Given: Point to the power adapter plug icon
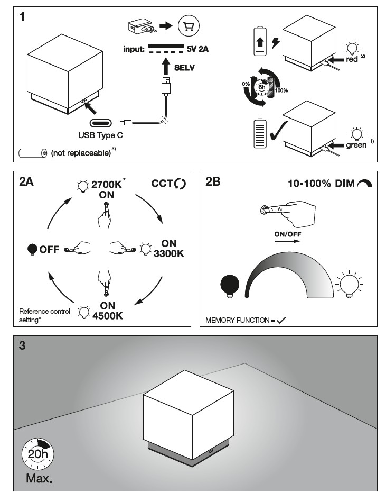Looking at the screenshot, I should tap(140, 26).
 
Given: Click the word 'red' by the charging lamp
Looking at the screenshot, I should tap(352, 60).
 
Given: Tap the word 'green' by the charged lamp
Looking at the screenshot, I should tap(356, 144).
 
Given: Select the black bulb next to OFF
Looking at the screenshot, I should tap(33, 249).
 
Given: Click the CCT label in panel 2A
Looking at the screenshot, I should tap(162, 184).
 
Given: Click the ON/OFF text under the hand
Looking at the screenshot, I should tap(284, 233).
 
